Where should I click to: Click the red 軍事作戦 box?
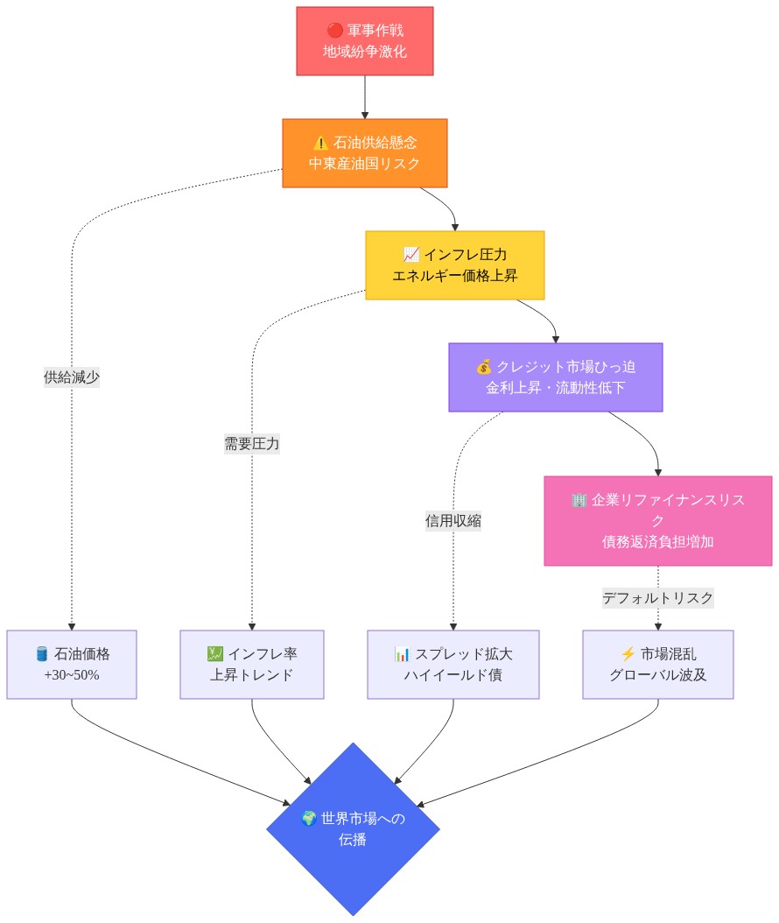click(x=364, y=41)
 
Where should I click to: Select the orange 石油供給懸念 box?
click(x=364, y=152)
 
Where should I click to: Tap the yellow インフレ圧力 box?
click(x=454, y=264)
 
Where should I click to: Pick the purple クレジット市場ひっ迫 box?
click(x=555, y=377)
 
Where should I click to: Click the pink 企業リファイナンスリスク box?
click(x=657, y=520)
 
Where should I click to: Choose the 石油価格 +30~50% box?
click(x=72, y=664)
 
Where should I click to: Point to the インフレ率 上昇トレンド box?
click(x=252, y=664)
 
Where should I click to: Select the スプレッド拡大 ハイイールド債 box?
click(x=453, y=664)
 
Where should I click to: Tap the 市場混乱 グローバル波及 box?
click(x=657, y=664)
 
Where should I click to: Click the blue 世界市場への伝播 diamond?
click(x=353, y=828)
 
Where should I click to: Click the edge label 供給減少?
click(x=72, y=377)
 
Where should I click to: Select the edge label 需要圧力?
click(x=252, y=444)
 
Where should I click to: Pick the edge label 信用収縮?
click(x=453, y=521)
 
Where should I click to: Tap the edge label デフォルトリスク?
click(x=657, y=598)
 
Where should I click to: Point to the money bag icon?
click(x=484, y=367)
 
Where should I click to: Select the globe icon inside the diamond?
click(x=308, y=819)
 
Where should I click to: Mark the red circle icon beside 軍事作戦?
click(x=333, y=32)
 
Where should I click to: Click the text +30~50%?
click(x=72, y=675)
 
